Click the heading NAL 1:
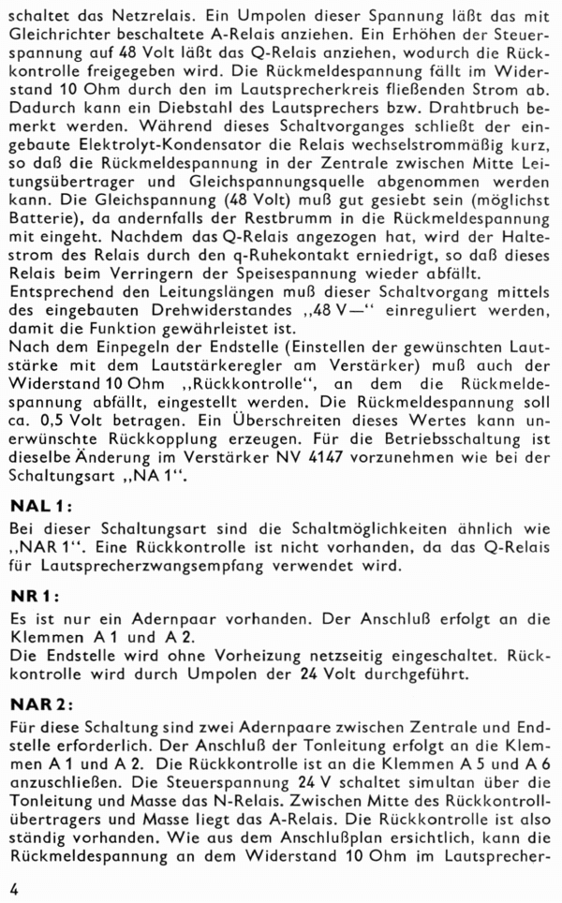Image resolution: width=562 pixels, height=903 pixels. (35, 508)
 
